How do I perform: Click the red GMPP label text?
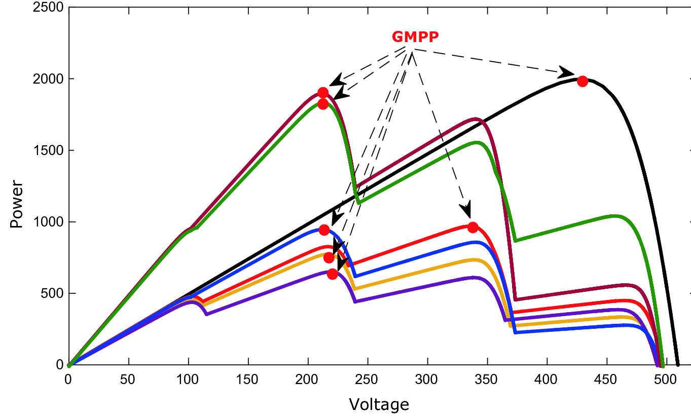coord(415,37)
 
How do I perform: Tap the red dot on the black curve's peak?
coord(583,81)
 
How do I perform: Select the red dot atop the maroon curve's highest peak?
coord(323,93)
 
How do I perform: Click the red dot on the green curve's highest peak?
coord(323,104)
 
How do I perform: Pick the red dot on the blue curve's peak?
coord(324,230)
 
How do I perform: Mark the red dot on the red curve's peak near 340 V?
coord(473,228)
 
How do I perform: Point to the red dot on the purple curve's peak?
coord(333,274)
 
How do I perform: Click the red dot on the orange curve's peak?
coord(329,258)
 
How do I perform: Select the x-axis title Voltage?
coord(379,404)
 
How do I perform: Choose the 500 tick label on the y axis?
coord(51,293)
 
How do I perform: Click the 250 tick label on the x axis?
coord(368,377)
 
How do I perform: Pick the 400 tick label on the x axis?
coord(547,377)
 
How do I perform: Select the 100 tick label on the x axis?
coord(188,377)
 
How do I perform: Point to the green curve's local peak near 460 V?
coord(615,216)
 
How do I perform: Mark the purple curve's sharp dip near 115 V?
coord(206,315)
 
